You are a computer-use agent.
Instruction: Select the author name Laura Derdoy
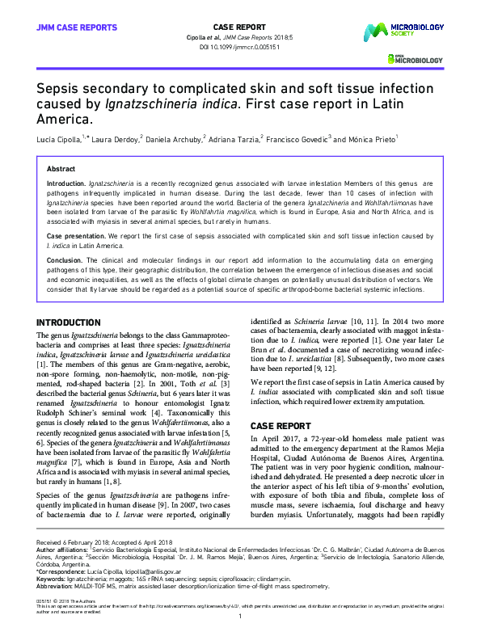coord(115,139)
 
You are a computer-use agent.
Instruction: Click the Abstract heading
coord(61,169)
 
